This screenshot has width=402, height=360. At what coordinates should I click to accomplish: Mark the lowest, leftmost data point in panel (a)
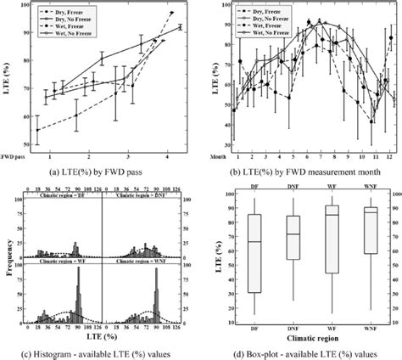click(37, 130)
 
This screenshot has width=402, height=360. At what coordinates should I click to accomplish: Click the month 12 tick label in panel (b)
click(388, 157)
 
